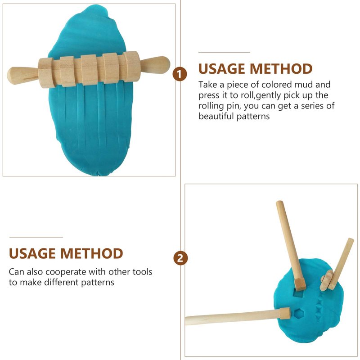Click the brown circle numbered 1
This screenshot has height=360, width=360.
pos(180,74)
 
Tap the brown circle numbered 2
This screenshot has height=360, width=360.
pos(180,258)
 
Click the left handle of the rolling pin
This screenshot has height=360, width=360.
pos(22,76)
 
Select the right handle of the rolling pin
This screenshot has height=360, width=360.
pos(155,65)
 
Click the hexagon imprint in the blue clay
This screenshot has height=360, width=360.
pos(299,314)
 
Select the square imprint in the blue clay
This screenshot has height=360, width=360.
pos(298,294)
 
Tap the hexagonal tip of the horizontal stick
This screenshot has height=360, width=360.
pos(285,313)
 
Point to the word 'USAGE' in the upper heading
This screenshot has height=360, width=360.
pos(221,69)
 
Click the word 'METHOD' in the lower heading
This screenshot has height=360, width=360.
pos(92,253)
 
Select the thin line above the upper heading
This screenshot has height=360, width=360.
pos(224,53)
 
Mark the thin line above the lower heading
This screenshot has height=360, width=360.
pos(36,237)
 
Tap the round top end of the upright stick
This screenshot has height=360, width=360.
pos(280,204)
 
